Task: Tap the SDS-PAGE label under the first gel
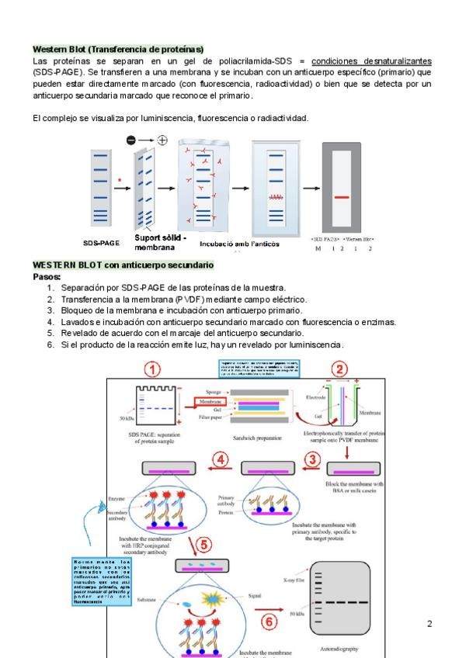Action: pos(101,243)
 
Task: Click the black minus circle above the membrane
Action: pos(130,140)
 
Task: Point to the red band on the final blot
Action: pos(342,198)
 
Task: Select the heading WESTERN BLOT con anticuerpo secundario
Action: pos(123,265)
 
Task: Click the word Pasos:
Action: pos(47,276)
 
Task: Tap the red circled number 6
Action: pos(266,621)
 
